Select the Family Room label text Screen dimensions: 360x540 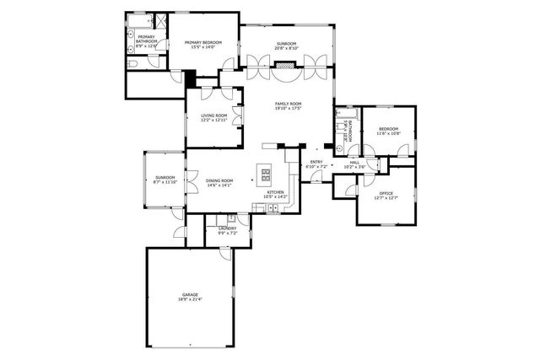coord(288,105)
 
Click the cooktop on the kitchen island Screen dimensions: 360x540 coord(266,175)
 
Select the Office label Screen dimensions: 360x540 coord(386,196)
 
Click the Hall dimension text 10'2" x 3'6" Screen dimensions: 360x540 coord(356,167)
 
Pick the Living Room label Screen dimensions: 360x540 coord(213,118)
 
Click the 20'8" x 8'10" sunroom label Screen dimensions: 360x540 coord(287,46)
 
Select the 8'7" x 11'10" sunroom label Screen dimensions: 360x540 coord(164,180)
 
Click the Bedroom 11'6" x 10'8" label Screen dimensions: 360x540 coord(387,132)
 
